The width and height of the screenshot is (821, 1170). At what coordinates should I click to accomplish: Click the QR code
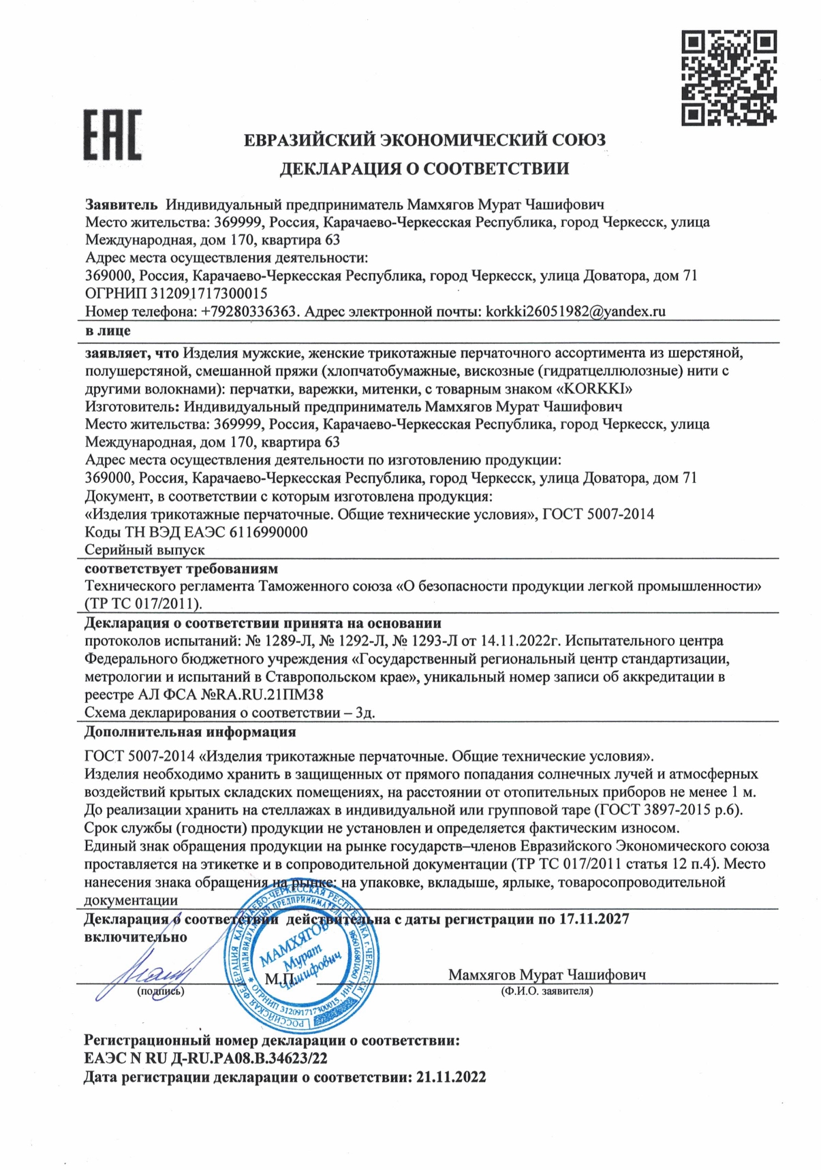[728, 78]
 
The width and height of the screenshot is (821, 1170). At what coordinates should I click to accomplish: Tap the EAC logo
[112, 135]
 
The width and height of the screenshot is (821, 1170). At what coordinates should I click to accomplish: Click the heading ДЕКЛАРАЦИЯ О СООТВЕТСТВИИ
[424, 168]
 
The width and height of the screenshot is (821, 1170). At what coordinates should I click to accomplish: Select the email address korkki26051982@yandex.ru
[575, 312]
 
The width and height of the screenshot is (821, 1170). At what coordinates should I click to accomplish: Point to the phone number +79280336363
[249, 312]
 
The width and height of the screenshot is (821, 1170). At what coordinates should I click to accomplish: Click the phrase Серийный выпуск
[144, 550]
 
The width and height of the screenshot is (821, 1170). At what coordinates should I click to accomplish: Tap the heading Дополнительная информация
[189, 732]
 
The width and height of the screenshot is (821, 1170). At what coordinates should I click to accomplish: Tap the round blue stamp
[303, 955]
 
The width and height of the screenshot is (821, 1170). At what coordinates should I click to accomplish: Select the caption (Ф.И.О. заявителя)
[546, 992]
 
